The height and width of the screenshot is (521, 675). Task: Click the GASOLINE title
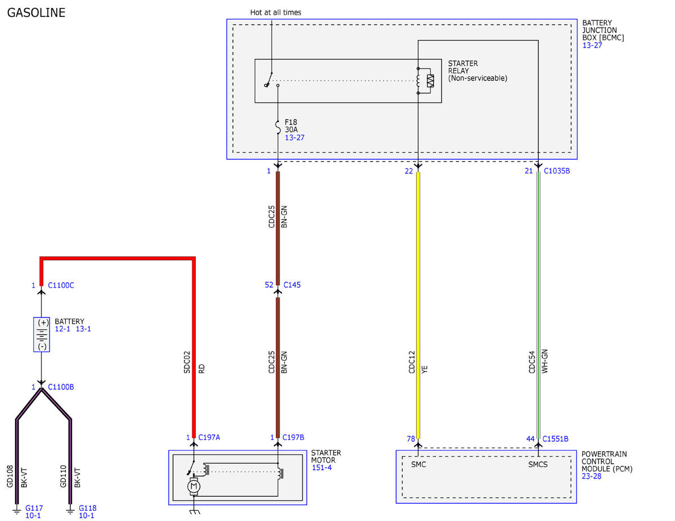[36, 13]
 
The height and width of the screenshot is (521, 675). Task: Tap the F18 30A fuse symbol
[278, 127]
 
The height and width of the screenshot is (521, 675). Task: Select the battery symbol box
[42, 334]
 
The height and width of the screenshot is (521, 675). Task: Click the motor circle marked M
[194, 487]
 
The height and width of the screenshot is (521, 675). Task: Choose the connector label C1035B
[557, 171]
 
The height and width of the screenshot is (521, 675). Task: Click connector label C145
[292, 285]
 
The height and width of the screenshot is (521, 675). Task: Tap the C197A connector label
[209, 437]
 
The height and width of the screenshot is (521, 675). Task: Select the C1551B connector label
[555, 439]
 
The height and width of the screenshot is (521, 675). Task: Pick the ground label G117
[34, 508]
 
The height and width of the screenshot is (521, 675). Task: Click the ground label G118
[88, 508]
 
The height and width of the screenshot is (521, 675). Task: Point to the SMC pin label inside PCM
[418, 465]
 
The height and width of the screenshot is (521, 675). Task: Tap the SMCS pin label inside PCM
[538, 465]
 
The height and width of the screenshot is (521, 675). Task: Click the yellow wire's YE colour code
[425, 369]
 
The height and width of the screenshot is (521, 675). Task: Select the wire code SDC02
[187, 362]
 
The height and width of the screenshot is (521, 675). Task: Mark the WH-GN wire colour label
[544, 361]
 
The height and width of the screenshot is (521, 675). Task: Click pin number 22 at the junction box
[409, 171]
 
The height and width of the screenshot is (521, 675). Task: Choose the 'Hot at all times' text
[276, 12]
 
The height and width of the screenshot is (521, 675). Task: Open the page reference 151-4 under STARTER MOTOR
[322, 468]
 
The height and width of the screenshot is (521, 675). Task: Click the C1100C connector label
[61, 286]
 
